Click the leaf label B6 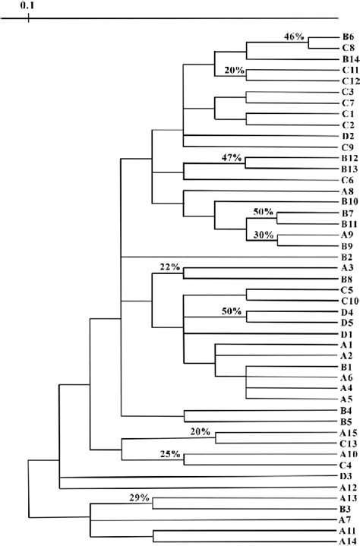[347, 36]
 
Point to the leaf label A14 [349, 535]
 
